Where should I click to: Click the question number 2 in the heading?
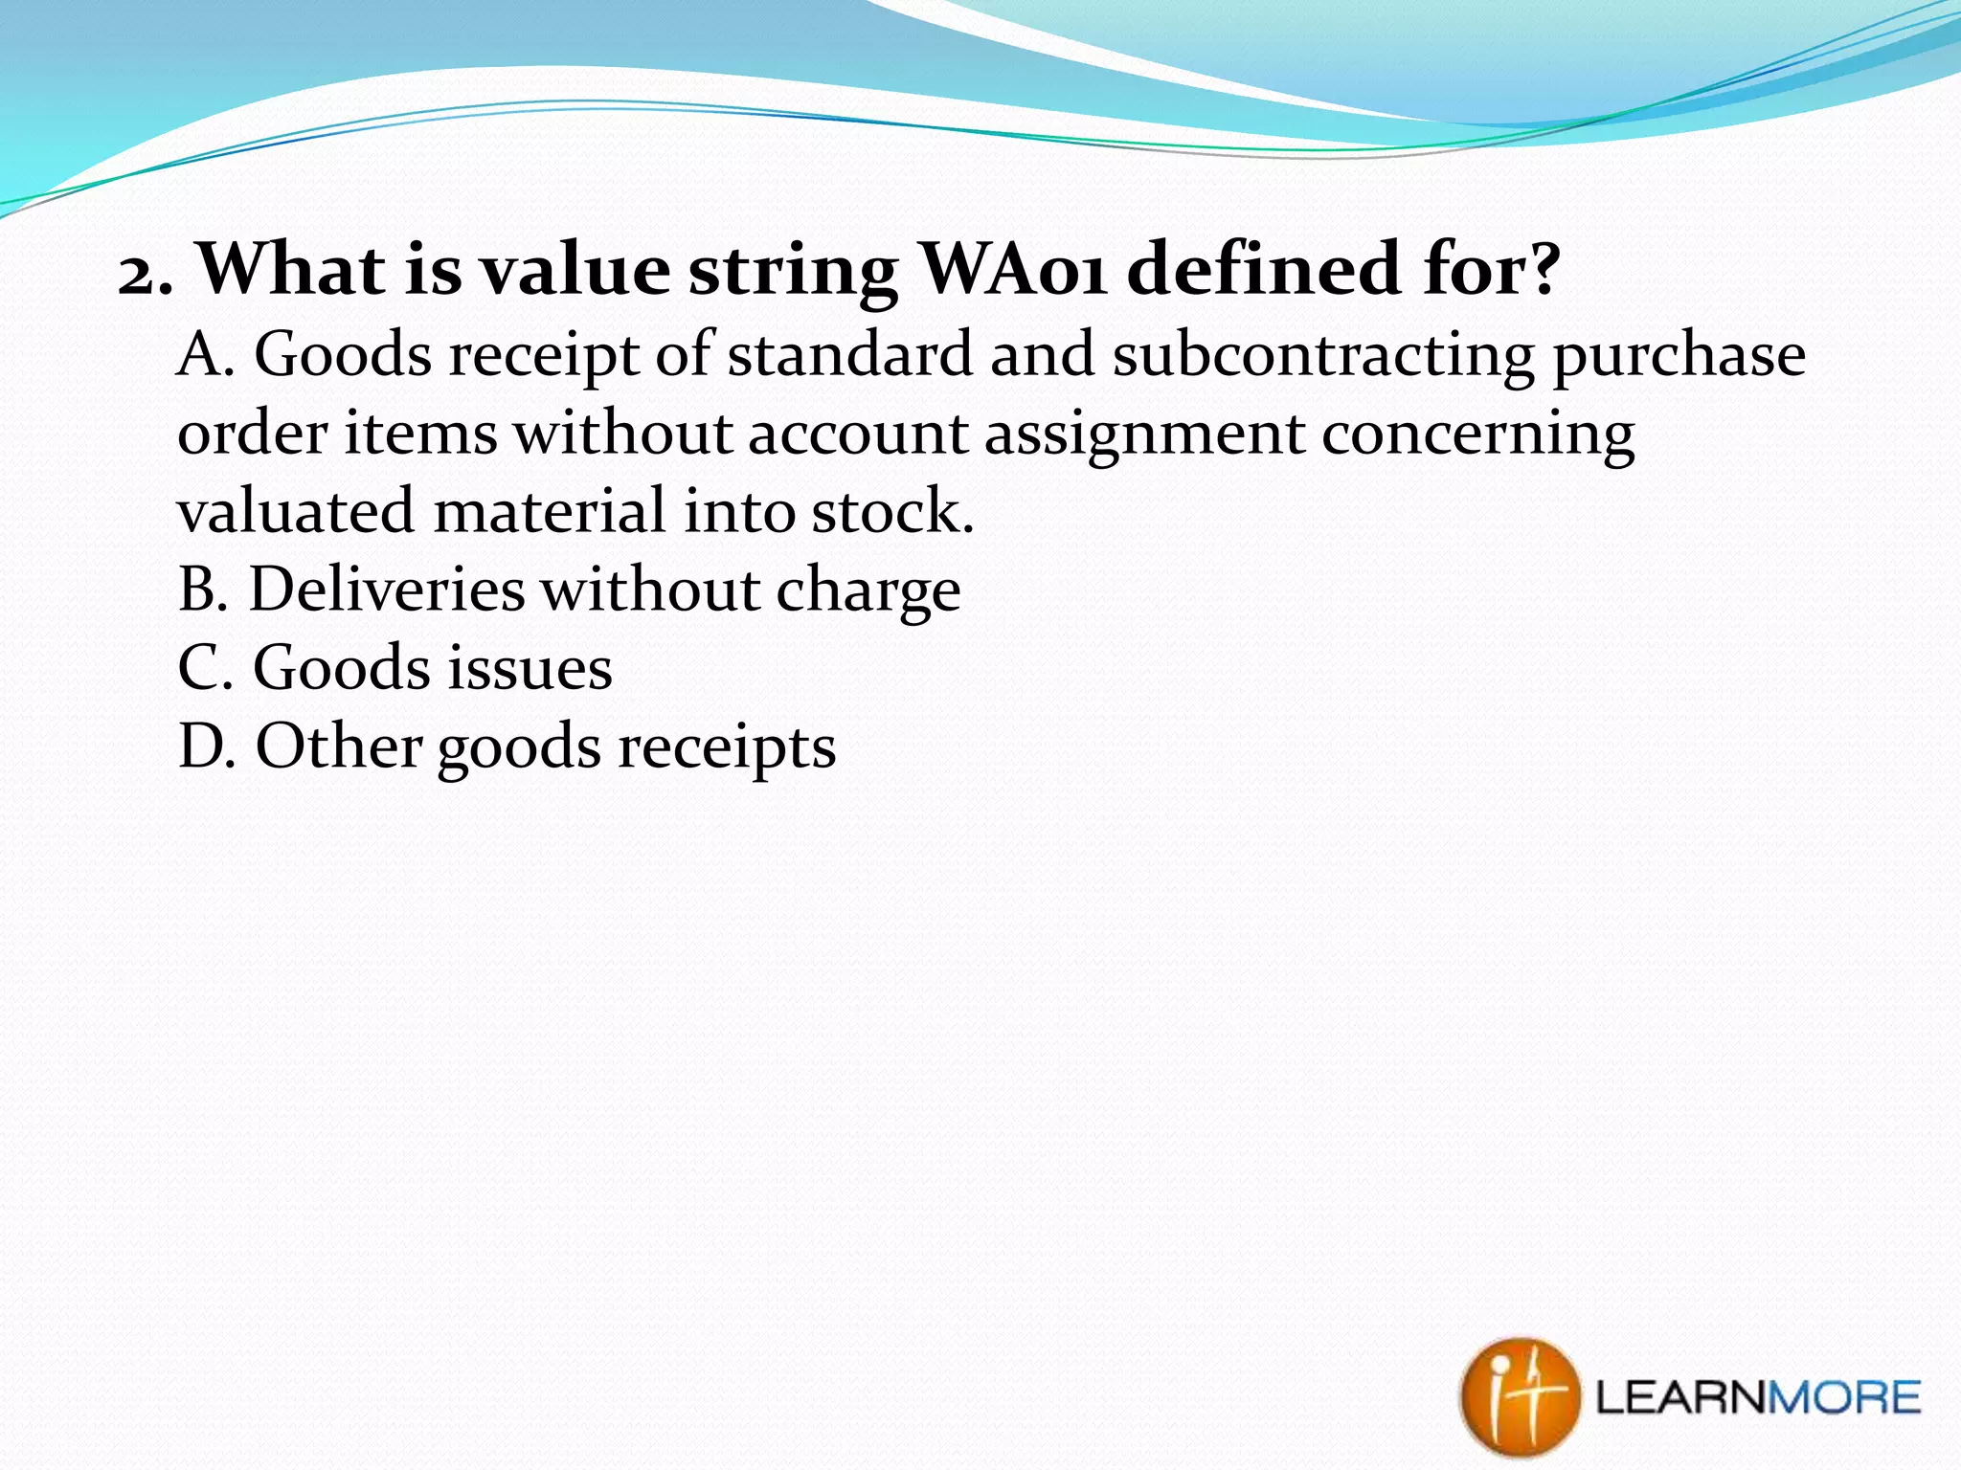click(x=139, y=276)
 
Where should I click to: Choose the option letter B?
click(x=201, y=589)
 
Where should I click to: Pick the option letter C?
click(x=203, y=667)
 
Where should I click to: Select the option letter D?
click(x=205, y=746)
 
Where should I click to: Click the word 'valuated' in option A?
click(x=295, y=510)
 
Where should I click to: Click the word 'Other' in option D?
click(x=338, y=746)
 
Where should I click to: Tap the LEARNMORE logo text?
click(x=1757, y=1398)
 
